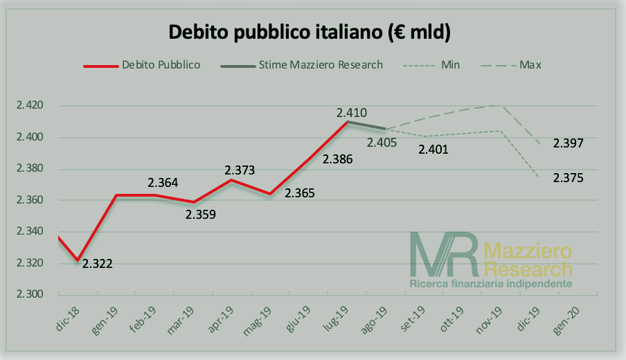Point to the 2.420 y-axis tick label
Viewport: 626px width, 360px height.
(x=30, y=106)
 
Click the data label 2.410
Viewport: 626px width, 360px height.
(x=351, y=112)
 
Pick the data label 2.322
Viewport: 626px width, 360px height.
(x=98, y=263)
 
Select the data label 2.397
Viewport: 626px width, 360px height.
(x=568, y=143)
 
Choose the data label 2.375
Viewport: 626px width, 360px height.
(x=568, y=178)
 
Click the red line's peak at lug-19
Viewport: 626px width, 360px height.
(x=346, y=122)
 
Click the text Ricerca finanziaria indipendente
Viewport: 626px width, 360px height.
(x=491, y=284)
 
